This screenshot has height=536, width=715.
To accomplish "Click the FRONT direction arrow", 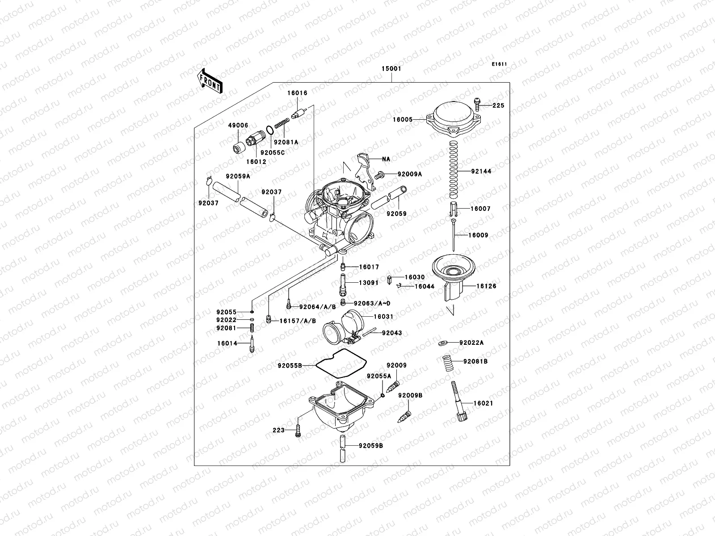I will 210,81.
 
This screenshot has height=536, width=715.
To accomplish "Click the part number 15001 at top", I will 391,69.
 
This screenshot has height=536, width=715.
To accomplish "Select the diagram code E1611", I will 500,64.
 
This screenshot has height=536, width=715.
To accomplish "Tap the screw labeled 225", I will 477,105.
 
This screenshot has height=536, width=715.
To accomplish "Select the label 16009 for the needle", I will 478,235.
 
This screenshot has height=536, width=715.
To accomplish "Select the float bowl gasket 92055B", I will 337,365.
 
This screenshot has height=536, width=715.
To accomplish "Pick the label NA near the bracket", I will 386,159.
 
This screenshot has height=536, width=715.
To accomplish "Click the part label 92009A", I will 409,175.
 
